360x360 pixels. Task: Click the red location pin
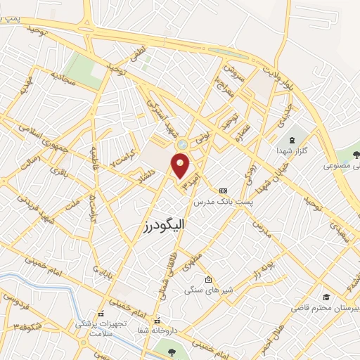point(181,165)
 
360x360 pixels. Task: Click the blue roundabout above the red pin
point(182,143)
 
